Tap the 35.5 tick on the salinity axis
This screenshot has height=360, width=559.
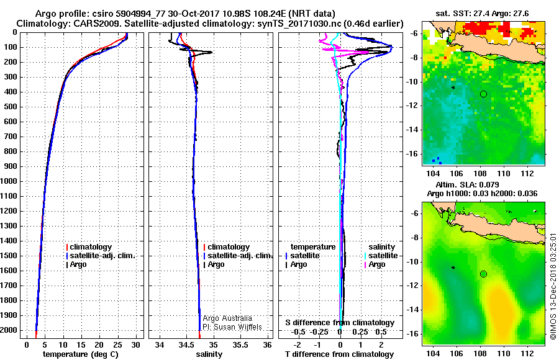tap(242, 344)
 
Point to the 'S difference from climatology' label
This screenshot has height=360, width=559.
tap(339, 323)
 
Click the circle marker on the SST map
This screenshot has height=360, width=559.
tap(483, 94)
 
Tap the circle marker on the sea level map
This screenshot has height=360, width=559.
tap(483, 274)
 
